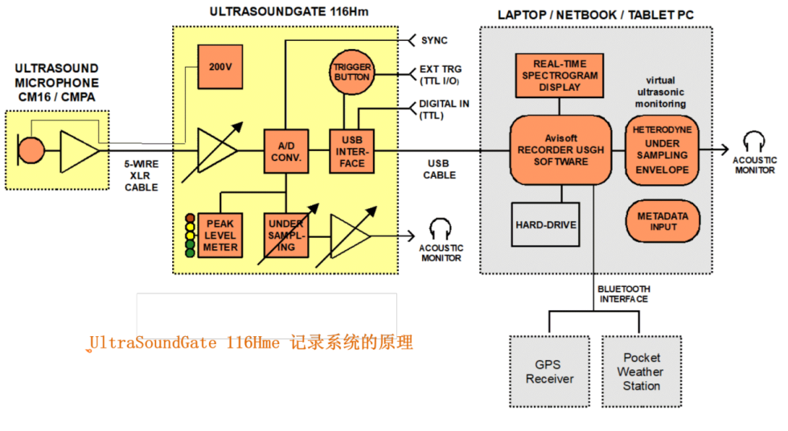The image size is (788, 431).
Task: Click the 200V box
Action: (x=220, y=66)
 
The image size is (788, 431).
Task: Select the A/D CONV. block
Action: (x=286, y=151)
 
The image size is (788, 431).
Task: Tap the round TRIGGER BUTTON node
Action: (x=351, y=72)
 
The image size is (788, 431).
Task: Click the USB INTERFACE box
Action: (x=351, y=151)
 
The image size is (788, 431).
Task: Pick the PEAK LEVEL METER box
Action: (x=220, y=236)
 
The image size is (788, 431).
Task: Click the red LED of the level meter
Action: (x=190, y=217)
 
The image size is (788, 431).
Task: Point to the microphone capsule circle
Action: (x=32, y=150)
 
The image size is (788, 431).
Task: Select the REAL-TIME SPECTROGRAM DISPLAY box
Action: (x=559, y=76)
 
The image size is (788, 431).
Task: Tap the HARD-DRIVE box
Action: (x=546, y=224)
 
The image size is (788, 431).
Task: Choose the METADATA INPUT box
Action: (x=663, y=222)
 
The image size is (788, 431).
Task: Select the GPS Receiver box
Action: (x=550, y=371)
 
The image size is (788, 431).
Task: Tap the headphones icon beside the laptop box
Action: (x=754, y=143)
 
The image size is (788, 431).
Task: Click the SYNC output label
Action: (x=434, y=40)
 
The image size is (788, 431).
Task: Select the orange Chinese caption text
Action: (x=251, y=343)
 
